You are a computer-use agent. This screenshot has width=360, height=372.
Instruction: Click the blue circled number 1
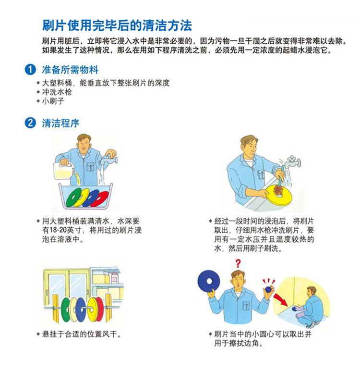(x=30, y=70)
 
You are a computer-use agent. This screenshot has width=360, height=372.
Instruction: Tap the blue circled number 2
(x=30, y=123)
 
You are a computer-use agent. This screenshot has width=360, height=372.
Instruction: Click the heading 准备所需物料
(x=70, y=70)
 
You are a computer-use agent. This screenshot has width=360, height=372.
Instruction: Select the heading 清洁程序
(x=60, y=123)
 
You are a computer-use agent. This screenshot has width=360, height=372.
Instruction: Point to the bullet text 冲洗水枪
(x=57, y=92)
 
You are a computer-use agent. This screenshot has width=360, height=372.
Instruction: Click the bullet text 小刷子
(x=53, y=101)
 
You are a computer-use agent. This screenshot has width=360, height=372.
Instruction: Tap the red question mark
(x=238, y=263)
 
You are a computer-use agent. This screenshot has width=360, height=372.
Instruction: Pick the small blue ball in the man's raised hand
(x=268, y=289)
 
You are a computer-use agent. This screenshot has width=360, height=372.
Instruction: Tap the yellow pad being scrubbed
(x=279, y=196)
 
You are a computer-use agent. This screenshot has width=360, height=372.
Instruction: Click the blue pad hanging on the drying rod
(x=80, y=310)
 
